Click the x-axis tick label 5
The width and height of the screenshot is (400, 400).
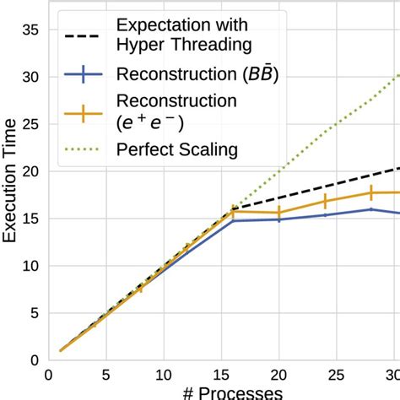(105, 374)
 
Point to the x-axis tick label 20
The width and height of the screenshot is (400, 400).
(278, 374)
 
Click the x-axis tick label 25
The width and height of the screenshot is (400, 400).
(336, 374)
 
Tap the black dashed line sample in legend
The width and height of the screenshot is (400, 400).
(83, 35)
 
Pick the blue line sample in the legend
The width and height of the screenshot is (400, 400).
(83, 74)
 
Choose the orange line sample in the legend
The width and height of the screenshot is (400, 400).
(83, 113)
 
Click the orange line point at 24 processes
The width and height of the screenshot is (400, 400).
(325, 202)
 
